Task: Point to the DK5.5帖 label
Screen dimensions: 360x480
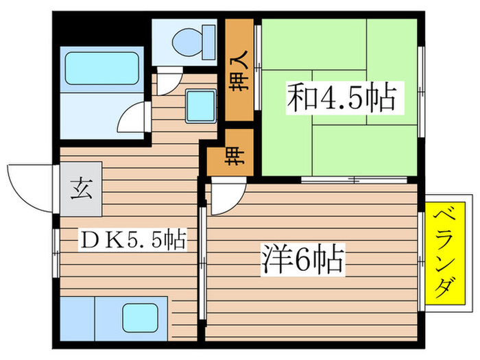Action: pyautogui.click(x=132, y=240)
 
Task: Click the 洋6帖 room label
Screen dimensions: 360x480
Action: pyautogui.click(x=302, y=260)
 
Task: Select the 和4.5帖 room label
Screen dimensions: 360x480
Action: pyautogui.click(x=341, y=99)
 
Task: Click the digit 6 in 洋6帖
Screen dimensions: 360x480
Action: pyautogui.click(x=301, y=261)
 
